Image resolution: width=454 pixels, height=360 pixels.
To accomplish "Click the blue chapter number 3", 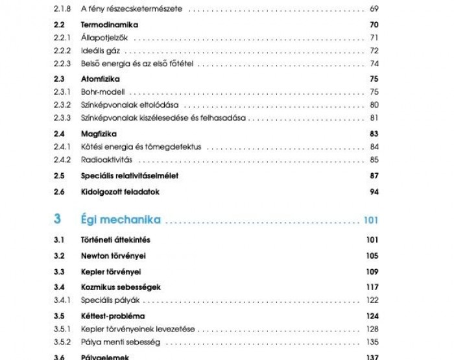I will click(x=58, y=219).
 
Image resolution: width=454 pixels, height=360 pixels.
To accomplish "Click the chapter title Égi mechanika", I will click(x=121, y=219).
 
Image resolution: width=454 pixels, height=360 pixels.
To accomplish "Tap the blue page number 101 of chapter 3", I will click(x=371, y=220).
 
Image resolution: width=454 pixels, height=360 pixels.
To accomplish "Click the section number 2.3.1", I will click(x=62, y=91).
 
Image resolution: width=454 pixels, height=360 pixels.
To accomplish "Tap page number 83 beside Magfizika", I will click(x=374, y=133).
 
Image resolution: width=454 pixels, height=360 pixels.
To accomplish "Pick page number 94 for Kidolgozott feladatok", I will click(x=374, y=192).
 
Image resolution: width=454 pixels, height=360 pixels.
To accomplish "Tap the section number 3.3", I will click(x=60, y=271).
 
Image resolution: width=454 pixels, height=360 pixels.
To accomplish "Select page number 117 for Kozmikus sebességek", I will click(x=372, y=287).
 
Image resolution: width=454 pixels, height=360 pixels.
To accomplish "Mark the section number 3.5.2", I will click(x=62, y=342).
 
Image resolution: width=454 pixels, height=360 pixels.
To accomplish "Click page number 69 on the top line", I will click(x=374, y=10).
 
